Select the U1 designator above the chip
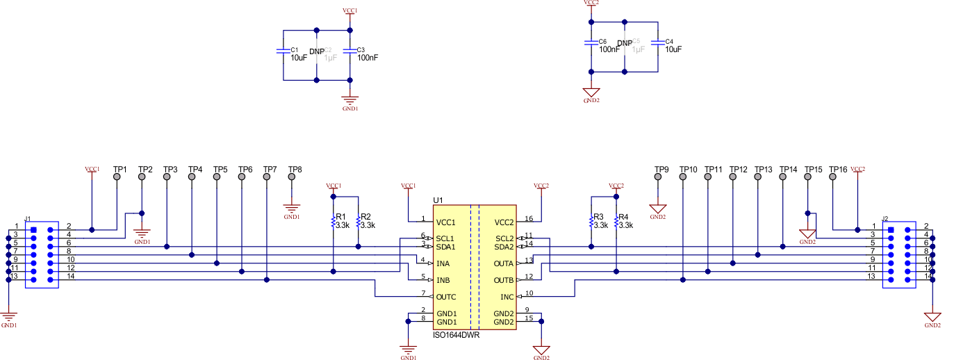438,200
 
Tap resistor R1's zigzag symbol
334,222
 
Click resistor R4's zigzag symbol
616,222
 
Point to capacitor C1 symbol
282,51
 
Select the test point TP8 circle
292,179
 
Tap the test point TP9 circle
658,178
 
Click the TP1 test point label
120,170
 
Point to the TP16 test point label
838,170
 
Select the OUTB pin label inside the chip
504,281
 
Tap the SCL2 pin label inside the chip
504,239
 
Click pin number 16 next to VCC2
529,219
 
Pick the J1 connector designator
28,219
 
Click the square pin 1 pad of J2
891,229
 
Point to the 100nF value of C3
368,58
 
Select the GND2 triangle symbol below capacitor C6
591,92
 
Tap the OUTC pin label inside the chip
447,297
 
